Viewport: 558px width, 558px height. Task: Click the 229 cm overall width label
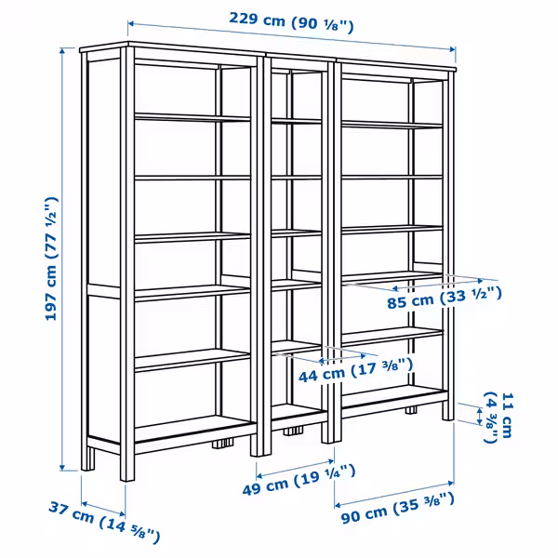(x=292, y=23)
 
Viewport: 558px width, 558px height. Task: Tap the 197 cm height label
(x=50, y=259)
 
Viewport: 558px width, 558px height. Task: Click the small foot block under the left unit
(x=220, y=443)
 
